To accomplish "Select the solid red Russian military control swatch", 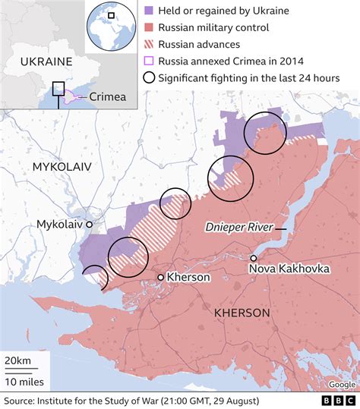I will click(x=150, y=28).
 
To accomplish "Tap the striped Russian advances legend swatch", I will click(x=150, y=45).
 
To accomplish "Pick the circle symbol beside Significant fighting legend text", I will click(x=150, y=78).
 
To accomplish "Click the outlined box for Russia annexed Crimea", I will click(x=150, y=61).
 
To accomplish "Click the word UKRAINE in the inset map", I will click(x=46, y=61).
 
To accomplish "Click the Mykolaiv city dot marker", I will click(x=89, y=225).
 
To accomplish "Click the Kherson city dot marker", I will click(x=160, y=278).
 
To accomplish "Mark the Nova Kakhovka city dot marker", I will click(x=253, y=258).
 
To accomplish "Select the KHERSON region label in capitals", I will click(x=242, y=313).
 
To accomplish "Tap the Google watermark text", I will click(x=342, y=384).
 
